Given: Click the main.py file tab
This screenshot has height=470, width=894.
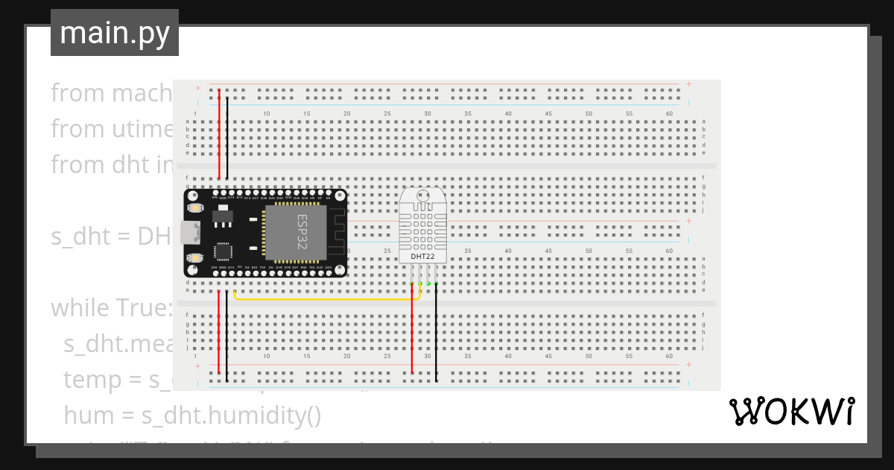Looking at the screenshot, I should pyautogui.click(x=114, y=33).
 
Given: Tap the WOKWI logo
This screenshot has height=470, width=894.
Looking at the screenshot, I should pyautogui.click(x=791, y=411).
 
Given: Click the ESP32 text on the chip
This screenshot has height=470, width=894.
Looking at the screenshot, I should pyautogui.click(x=302, y=231).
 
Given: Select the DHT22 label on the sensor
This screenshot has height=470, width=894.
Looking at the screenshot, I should pyautogui.click(x=422, y=257).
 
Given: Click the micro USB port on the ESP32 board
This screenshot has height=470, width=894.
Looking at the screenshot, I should pyautogui.click(x=189, y=232).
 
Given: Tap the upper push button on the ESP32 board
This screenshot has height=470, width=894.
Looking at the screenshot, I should pyautogui.click(x=196, y=207).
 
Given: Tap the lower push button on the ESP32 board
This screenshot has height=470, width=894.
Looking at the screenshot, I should pyautogui.click(x=196, y=257).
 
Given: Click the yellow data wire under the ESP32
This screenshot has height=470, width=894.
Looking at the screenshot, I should pyautogui.click(x=328, y=299).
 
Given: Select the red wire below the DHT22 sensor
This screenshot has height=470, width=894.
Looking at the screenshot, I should pyautogui.click(x=412, y=336).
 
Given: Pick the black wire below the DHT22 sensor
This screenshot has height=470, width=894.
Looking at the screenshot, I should pyautogui.click(x=437, y=336).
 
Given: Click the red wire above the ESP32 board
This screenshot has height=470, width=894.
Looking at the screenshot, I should pyautogui.click(x=219, y=142).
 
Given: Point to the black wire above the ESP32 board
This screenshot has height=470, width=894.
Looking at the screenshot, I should pyautogui.click(x=227, y=142).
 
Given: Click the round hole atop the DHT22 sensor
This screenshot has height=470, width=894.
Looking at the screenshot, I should pyautogui.click(x=422, y=195).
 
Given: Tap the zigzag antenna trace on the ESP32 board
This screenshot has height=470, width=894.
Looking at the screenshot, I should pyautogui.click(x=337, y=231).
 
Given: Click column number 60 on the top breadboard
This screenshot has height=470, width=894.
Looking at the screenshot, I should pyautogui.click(x=669, y=113).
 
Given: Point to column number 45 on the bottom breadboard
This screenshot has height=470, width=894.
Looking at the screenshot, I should pyautogui.click(x=548, y=357).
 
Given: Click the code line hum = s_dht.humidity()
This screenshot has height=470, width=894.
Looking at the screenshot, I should pyautogui.click(x=192, y=414).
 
